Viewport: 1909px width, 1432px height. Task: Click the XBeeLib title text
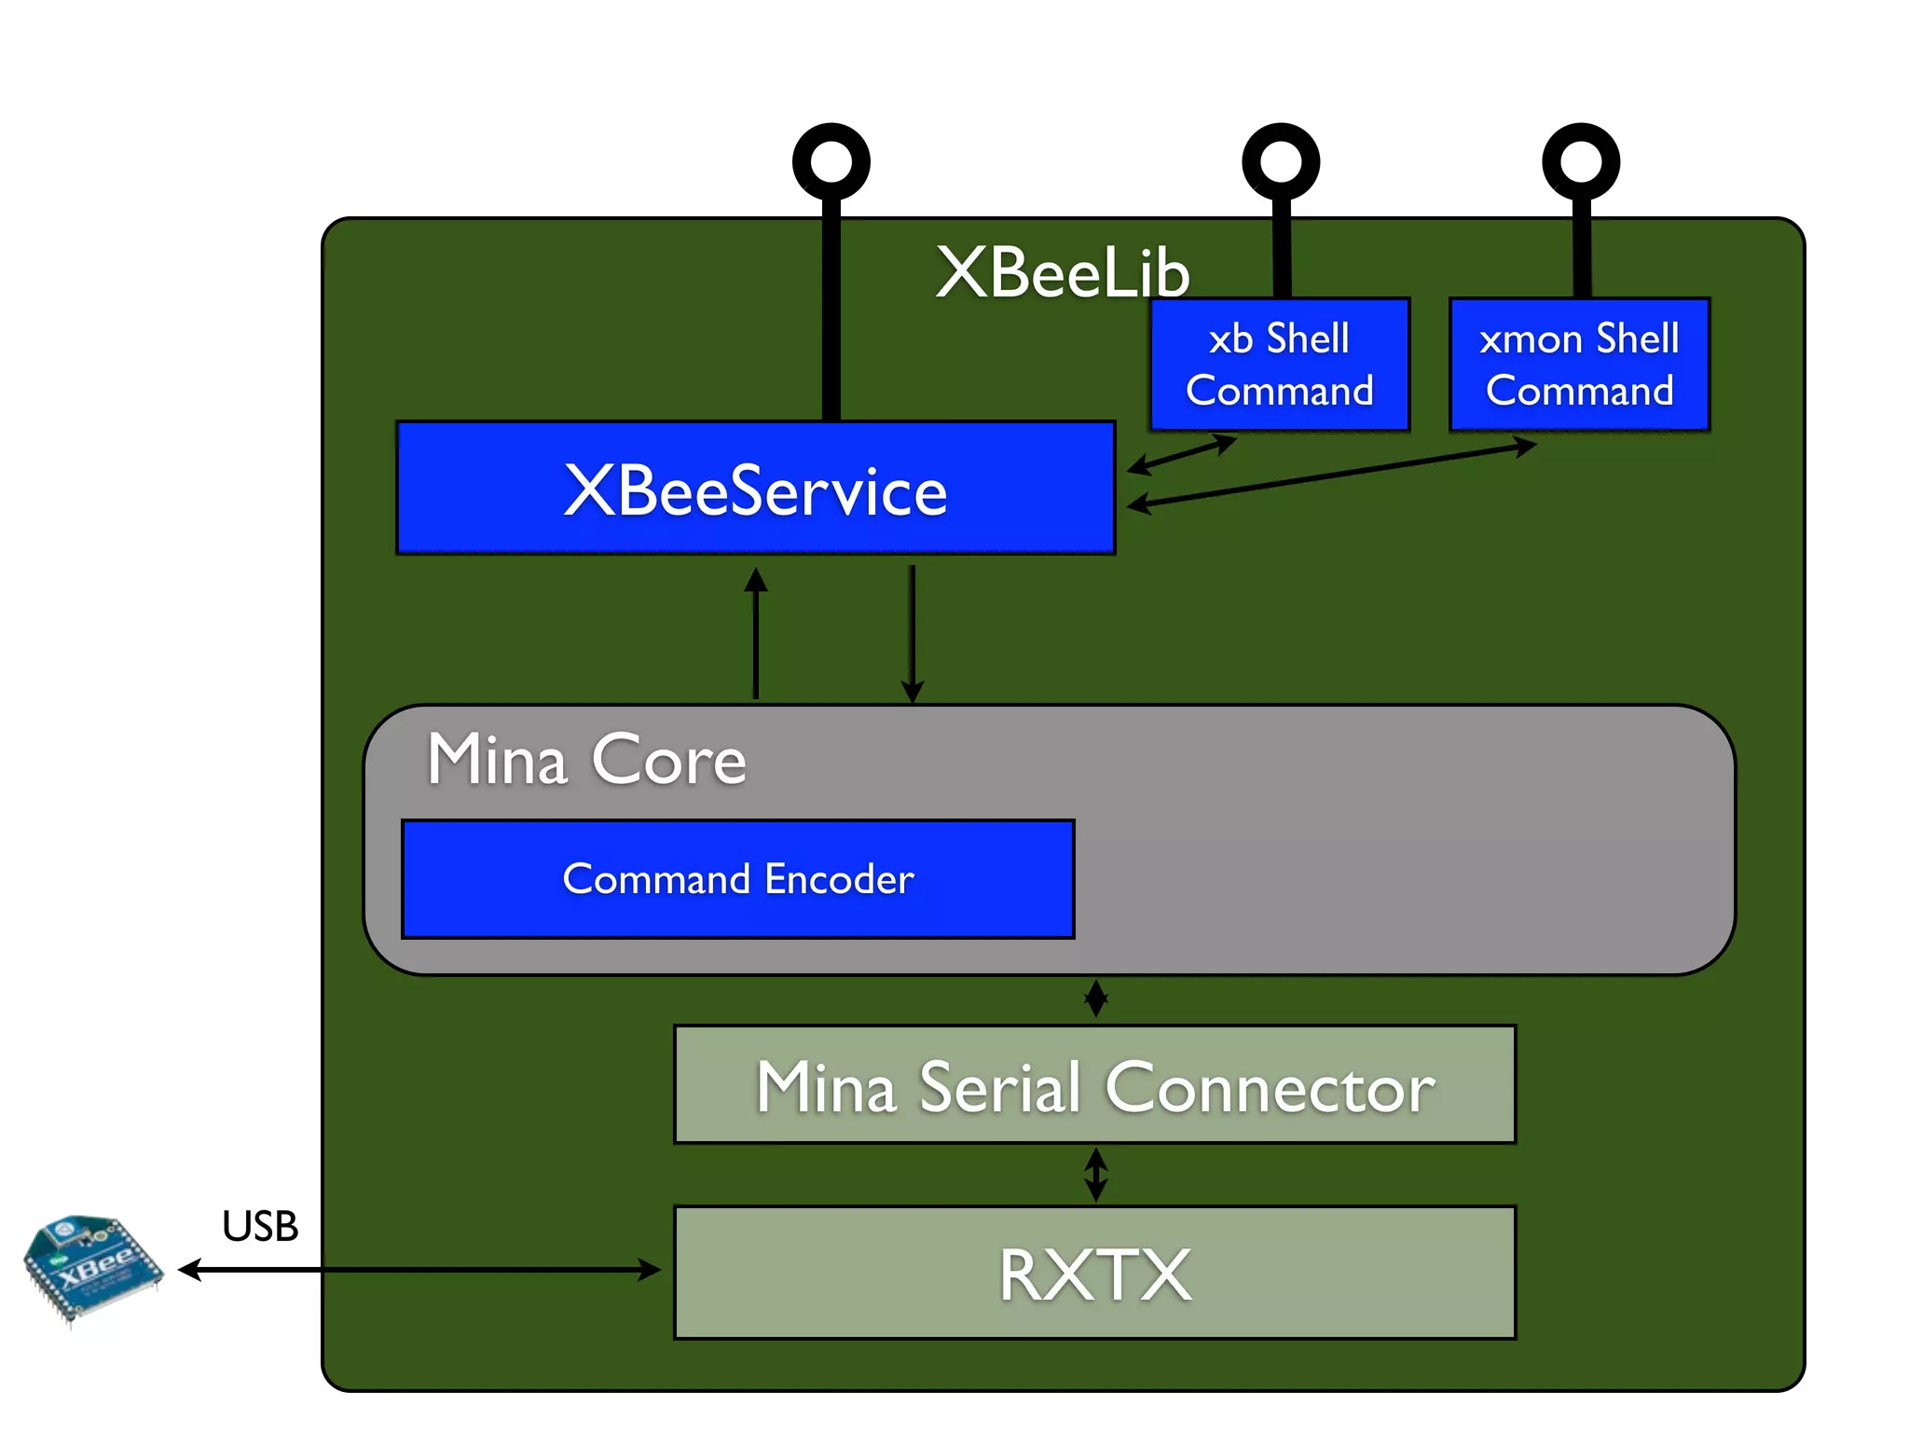(1062, 273)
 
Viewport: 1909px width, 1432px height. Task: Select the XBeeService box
(756, 489)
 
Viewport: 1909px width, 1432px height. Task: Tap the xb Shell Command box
(1279, 365)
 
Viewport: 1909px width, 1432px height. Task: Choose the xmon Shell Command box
(1579, 365)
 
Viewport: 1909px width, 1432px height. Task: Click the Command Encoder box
(737, 879)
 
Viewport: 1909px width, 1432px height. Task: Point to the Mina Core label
(586, 759)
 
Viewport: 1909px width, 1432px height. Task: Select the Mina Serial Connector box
(1094, 1085)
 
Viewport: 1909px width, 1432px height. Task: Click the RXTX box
(1094, 1274)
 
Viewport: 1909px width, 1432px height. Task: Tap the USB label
(260, 1226)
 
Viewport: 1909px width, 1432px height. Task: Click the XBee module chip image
(91, 1268)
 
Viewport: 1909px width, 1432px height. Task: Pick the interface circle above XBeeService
(831, 162)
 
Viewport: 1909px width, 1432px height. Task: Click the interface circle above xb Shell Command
(1281, 162)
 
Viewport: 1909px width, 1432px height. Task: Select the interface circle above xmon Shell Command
(1580, 162)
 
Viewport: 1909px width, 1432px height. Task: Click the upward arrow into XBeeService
(756, 634)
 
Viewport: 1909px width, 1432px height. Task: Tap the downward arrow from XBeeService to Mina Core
(913, 634)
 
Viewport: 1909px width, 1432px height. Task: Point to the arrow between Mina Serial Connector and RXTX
(1096, 1175)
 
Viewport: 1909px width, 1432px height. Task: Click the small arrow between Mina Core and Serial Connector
(1096, 998)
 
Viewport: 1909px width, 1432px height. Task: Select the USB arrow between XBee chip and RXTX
(419, 1270)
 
